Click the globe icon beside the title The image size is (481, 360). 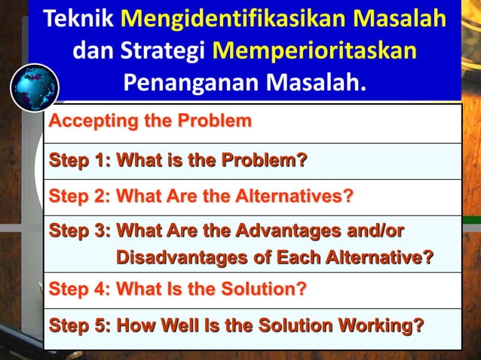(x=35, y=88)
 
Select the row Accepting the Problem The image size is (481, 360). (x=150, y=121)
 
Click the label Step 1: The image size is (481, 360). (x=80, y=160)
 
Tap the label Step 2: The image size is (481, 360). (x=80, y=197)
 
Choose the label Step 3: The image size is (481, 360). (x=80, y=230)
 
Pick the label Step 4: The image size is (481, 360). (x=80, y=288)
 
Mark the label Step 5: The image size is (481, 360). (x=80, y=326)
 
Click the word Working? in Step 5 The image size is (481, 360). (x=382, y=326)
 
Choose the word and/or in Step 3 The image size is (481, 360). (x=377, y=230)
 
